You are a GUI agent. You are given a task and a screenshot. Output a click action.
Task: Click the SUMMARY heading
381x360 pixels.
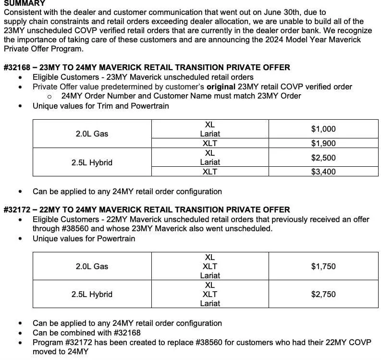25,3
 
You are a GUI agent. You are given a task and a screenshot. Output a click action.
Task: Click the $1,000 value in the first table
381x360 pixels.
323,129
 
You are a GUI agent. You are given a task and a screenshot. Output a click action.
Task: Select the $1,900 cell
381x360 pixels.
323,143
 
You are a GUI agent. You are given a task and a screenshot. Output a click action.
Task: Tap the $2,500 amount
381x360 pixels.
323,158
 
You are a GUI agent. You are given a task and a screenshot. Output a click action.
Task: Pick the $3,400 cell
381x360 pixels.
323,172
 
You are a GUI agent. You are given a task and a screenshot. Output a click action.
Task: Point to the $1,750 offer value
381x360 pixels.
323,266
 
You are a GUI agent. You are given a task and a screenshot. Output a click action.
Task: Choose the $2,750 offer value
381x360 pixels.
323,294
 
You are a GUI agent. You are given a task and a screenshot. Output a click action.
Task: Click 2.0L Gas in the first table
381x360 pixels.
92,134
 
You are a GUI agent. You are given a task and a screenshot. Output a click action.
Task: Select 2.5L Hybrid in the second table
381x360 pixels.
92,294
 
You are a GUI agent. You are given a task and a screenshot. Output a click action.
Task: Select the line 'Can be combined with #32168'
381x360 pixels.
86,333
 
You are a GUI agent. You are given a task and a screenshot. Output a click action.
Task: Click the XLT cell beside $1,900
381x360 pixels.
210,143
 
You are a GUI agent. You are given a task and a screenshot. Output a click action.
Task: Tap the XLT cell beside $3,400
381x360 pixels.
210,172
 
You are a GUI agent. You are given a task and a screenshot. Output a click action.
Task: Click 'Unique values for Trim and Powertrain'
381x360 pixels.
100,106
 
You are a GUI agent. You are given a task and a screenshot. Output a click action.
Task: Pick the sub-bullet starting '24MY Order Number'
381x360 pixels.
181,96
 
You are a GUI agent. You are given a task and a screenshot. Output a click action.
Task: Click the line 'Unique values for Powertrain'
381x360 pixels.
84,238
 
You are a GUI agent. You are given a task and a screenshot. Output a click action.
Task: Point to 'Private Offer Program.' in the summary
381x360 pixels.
43,49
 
